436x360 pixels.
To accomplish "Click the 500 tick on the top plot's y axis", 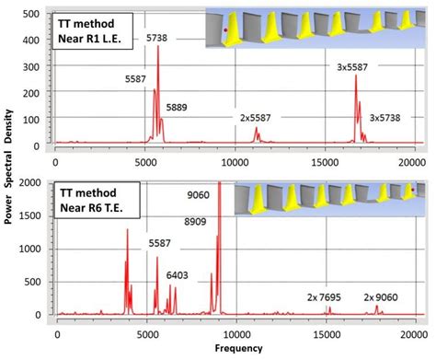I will click(x=34, y=15).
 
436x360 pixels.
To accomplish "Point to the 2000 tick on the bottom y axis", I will click(x=32, y=183).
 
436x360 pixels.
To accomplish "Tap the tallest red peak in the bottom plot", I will click(x=218, y=184).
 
